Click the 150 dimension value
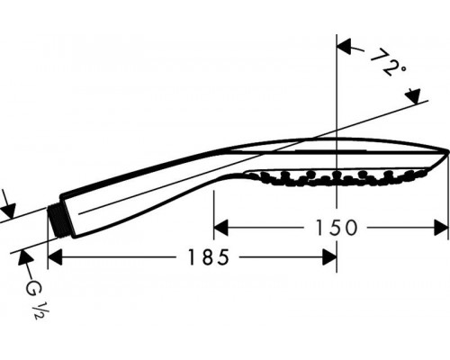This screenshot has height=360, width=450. coord(336,228)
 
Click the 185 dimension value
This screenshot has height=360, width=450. coord(208,257)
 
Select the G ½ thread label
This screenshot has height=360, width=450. coord(35,299)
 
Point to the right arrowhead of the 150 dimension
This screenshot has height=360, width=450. coord(442,228)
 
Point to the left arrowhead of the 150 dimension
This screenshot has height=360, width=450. coord(220,228)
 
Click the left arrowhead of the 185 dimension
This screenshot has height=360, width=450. coord(55,257)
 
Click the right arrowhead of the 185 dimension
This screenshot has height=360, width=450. coord(329,257)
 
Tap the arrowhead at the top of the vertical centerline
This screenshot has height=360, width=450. coord(345,47)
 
